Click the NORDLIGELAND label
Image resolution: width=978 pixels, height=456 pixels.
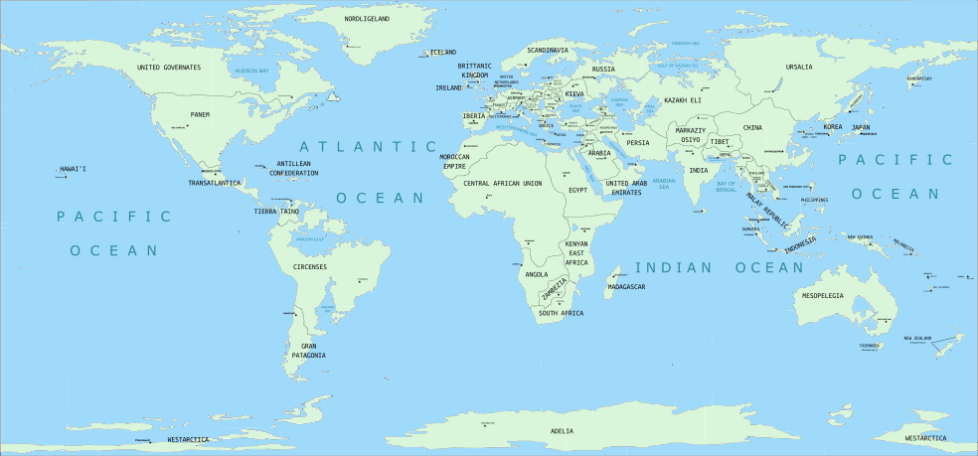pyautogui.click(x=367, y=19)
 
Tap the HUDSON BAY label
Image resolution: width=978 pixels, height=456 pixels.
pyautogui.click(x=250, y=71)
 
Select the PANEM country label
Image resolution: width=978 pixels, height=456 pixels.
pyautogui.click(x=200, y=114)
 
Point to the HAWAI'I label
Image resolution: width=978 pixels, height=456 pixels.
pyautogui.click(x=73, y=169)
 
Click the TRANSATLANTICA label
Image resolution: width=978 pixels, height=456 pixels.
pyautogui.click(x=215, y=183)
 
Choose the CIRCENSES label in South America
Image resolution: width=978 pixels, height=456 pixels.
pyautogui.click(x=310, y=266)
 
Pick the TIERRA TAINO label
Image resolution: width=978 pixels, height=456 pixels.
pyautogui.click(x=276, y=211)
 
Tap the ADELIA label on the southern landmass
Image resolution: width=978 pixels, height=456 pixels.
pyautogui.click(x=562, y=431)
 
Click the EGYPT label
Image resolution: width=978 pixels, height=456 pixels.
pyautogui.click(x=578, y=189)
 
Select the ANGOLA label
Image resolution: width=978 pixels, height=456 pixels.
pyautogui.click(x=536, y=274)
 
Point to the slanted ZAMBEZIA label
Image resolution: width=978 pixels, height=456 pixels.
pyautogui.click(x=555, y=290)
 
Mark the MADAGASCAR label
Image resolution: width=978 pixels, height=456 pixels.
pyautogui.click(x=626, y=287)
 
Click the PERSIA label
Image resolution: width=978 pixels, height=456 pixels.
pyautogui.click(x=637, y=143)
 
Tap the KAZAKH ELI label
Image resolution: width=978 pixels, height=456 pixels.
pyautogui.click(x=683, y=100)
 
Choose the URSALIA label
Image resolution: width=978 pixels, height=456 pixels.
pyautogui.click(x=799, y=67)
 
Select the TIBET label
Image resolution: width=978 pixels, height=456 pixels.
pyautogui.click(x=720, y=142)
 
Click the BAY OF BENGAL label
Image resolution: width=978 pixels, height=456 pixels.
pyautogui.click(x=726, y=185)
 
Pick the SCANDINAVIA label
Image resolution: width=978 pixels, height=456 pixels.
pyautogui.click(x=548, y=50)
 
